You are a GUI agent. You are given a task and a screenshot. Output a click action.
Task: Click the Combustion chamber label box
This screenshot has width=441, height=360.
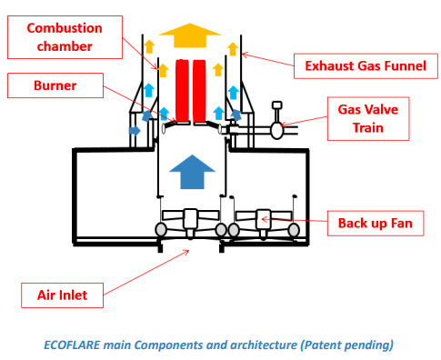65,37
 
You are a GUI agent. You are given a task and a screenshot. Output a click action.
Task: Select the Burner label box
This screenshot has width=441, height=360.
55,85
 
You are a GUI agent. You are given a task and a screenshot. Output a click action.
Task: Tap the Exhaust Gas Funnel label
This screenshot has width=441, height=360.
366,66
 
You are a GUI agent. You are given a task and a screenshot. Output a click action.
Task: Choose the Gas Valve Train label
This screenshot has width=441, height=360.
368,119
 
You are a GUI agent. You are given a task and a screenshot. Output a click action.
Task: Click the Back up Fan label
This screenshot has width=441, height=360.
376,224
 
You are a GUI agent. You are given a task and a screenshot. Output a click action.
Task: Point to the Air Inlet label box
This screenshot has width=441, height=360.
62,295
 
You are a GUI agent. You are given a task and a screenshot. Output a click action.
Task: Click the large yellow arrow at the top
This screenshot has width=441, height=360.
190,35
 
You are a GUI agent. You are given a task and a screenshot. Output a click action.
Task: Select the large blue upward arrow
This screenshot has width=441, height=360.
192,172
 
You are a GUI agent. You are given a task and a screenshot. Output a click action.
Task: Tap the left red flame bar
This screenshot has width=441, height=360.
182,90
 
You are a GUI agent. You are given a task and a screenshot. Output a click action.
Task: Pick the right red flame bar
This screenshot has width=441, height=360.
199,90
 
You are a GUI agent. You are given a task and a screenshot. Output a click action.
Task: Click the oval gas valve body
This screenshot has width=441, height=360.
276,130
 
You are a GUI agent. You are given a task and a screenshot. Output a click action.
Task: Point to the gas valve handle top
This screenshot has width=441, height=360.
277,105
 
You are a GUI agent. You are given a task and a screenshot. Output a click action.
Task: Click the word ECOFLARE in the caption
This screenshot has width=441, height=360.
72,345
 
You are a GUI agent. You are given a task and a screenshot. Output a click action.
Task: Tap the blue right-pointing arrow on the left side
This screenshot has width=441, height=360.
135,131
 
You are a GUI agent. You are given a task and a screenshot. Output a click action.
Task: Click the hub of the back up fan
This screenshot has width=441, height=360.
263,219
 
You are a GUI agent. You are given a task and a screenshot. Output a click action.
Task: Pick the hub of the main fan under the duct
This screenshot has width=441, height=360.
190,219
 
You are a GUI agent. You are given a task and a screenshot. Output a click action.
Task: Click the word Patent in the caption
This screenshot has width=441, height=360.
323,345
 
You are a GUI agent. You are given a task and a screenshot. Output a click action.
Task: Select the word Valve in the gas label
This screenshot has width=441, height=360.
379,109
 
